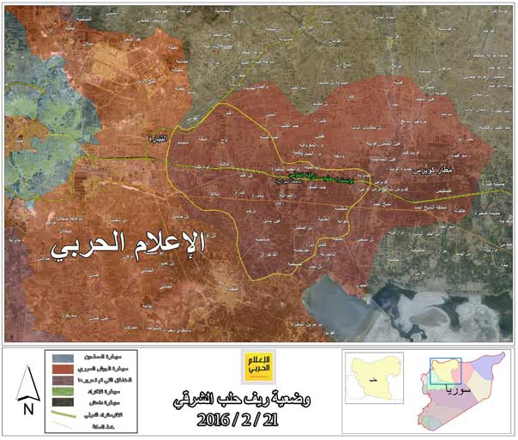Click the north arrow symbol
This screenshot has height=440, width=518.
[x=28, y=384]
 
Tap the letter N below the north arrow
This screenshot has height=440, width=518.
[x=28, y=410]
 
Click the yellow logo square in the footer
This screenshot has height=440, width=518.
[x=256, y=365]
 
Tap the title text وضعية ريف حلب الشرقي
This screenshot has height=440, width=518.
[x=256, y=400]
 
